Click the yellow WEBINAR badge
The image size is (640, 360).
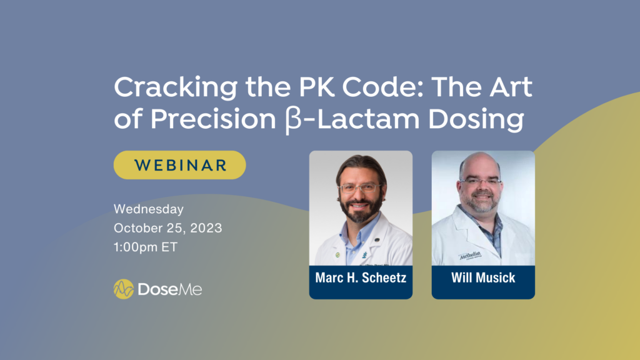(179, 165)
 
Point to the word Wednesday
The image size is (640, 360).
(149, 209)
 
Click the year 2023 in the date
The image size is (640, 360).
(201, 228)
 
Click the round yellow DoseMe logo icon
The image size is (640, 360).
(124, 289)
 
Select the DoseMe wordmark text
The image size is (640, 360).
(170, 289)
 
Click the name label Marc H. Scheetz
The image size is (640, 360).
(361, 277)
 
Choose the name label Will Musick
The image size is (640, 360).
(483, 277)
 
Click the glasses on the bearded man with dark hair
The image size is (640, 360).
(359, 187)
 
